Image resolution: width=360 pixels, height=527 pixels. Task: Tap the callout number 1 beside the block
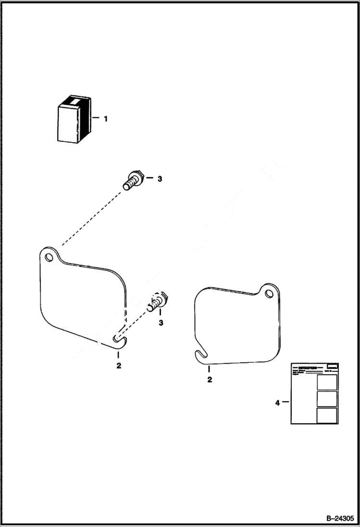point(105,118)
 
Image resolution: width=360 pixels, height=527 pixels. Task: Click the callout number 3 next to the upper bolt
point(160,179)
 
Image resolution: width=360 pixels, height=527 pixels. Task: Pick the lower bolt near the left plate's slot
point(158,302)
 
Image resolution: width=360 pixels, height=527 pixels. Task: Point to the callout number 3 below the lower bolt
point(161,322)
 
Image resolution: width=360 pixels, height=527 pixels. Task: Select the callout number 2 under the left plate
point(118,366)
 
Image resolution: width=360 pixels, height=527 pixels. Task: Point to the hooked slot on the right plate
point(202,355)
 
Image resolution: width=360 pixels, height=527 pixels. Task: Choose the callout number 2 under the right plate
point(209,380)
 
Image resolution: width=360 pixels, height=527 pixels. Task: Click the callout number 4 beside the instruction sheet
point(277,403)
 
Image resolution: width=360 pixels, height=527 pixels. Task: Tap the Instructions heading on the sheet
point(308,367)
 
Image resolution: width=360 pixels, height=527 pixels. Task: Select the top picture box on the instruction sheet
point(327,382)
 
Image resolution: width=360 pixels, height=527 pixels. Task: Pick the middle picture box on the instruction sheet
point(327,399)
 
